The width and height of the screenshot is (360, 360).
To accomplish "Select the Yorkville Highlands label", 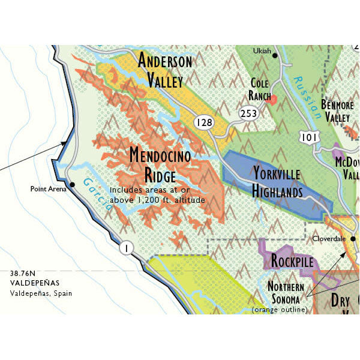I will [x=277, y=182].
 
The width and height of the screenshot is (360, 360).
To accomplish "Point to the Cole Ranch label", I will [x=259, y=89].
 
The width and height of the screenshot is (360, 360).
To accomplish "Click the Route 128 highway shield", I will [x=204, y=123].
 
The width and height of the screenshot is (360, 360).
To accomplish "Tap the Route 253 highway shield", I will [x=248, y=113].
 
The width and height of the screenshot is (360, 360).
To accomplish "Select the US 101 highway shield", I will [x=308, y=137].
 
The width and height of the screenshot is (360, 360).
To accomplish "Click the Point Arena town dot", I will [x=71, y=185].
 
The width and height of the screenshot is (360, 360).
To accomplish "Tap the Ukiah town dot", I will [x=275, y=55].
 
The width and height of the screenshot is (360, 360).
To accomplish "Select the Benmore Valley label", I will [x=337, y=110].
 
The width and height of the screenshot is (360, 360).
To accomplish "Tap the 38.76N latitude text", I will [x=23, y=274].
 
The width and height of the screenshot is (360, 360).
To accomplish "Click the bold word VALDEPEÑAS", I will [x=32, y=284].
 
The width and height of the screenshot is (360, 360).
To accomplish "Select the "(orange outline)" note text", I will [x=279, y=310].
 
